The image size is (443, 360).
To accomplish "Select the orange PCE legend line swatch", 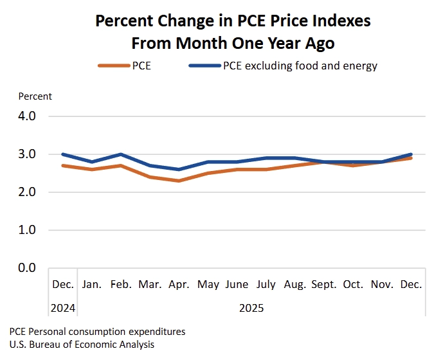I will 113,66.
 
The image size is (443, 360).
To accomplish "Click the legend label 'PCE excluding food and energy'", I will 300,66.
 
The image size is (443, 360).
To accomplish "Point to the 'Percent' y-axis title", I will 35,96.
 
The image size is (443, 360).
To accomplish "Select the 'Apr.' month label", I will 179,284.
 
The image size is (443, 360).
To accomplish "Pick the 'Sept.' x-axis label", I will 324,284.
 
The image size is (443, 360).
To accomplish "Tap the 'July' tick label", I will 266,284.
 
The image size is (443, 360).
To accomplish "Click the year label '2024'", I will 63,308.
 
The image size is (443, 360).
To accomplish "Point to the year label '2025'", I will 251,308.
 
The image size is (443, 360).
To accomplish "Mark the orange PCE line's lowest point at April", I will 179,181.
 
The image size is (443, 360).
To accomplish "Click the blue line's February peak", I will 121,154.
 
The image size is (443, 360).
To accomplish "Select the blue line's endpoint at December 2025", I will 410,154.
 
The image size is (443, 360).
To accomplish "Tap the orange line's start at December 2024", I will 63,165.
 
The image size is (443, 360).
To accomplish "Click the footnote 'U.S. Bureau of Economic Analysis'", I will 82,344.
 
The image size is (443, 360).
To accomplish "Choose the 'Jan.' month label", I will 92,284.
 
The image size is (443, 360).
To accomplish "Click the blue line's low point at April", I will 179,170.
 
